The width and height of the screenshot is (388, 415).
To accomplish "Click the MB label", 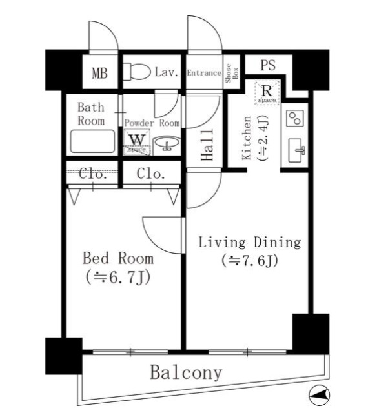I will coord(99,72).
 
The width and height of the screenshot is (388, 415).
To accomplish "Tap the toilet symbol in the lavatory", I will coord(136,71).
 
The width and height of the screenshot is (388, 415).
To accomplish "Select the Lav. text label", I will coord(167,72).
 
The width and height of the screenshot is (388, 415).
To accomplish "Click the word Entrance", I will coord(204,73).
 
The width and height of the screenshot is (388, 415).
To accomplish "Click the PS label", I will coord(269,66).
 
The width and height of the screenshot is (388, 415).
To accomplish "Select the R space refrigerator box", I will coord(266,92).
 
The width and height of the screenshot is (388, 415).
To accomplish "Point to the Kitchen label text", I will coord(247,138).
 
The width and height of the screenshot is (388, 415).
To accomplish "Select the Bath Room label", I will coord(90,114).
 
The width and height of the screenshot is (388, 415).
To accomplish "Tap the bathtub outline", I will coord(93,141).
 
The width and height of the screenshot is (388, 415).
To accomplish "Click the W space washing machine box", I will coord(137,141).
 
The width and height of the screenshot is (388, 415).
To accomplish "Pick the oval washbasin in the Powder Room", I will coord(166,143).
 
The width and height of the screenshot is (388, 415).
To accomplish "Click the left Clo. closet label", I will coord(93,174).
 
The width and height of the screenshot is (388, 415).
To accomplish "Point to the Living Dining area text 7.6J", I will coord(250,261).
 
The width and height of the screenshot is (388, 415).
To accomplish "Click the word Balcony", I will coord(186,372).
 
